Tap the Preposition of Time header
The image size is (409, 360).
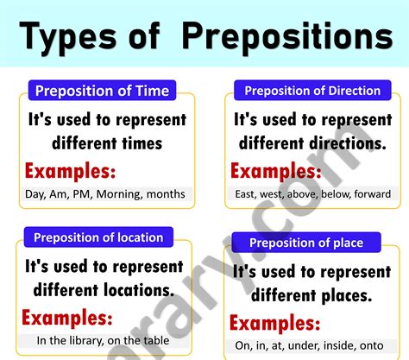pos(101,90)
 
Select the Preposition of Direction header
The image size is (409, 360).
pos(312,90)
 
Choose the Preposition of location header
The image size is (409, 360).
pos(98,237)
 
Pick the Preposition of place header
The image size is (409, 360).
pos(306,243)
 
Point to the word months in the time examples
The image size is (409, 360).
pos(166,193)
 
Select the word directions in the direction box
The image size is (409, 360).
pos(345,142)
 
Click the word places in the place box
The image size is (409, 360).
pos(346,294)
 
